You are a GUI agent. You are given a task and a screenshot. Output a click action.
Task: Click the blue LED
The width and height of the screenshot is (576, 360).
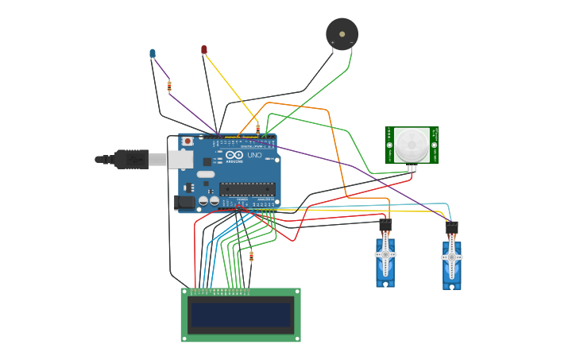pyautogui.click(x=153, y=53)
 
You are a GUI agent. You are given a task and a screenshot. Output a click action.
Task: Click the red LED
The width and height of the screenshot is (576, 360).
pyautogui.click(x=204, y=49)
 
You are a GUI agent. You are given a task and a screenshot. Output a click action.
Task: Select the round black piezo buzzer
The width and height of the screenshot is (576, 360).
pyautogui.click(x=342, y=34)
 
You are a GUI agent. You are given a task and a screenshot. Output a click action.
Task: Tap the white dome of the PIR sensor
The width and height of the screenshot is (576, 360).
pyautogui.click(x=412, y=145)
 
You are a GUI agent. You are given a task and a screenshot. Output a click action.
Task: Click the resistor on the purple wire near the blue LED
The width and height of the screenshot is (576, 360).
pyautogui.click(x=169, y=86)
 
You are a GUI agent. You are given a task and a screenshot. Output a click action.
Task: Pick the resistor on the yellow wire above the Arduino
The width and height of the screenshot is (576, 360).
pyautogui.click(x=257, y=128)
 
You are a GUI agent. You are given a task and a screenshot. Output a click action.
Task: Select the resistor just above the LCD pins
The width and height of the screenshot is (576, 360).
pyautogui.click(x=252, y=256)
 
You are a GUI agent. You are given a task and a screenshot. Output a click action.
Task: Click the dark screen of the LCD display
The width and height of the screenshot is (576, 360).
pyautogui.click(x=240, y=315)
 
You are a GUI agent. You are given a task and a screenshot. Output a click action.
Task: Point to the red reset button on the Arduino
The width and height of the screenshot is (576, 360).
pyautogui.click(x=187, y=141)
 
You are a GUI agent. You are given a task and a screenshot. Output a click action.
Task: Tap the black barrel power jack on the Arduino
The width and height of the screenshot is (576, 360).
pyautogui.click(x=184, y=203)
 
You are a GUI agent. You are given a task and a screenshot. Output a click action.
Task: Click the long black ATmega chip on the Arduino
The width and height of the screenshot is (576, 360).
pyautogui.click(x=247, y=189)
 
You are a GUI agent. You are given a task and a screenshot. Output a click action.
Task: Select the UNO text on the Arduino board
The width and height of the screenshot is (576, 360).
pyautogui.click(x=254, y=156)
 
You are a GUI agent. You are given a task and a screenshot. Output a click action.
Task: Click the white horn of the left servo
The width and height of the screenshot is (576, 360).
pyautogui.click(x=385, y=255)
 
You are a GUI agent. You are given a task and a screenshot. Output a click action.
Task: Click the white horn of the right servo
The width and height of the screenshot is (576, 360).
pyautogui.click(x=451, y=257)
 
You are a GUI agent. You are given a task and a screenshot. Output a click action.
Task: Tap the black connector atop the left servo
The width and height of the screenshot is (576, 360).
pyautogui.click(x=385, y=226)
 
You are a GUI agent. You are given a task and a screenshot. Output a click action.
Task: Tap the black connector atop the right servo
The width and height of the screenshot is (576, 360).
pyautogui.click(x=451, y=229)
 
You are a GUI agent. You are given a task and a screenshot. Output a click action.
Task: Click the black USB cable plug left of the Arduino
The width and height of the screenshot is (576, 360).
pyautogui.click(x=130, y=160)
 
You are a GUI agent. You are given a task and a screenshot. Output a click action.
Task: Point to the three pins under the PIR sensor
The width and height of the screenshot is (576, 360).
pyautogui.click(x=412, y=168)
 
